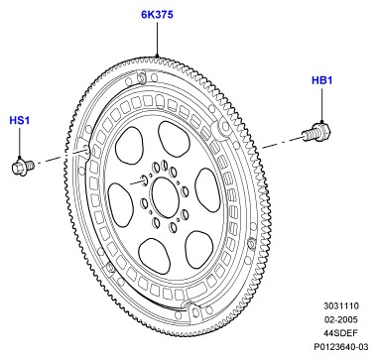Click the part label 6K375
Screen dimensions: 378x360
(x=157, y=15)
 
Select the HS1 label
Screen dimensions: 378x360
(x=20, y=120)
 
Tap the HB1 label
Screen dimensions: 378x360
(x=321, y=80)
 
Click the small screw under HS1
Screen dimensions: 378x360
(x=23, y=166)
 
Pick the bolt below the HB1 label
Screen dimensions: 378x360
(x=316, y=132)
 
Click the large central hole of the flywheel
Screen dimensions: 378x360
(x=166, y=197)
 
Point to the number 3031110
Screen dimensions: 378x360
(x=341, y=305)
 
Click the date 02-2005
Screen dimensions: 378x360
(x=341, y=319)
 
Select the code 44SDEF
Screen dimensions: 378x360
(x=341, y=333)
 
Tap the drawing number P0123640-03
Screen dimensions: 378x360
(x=341, y=347)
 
